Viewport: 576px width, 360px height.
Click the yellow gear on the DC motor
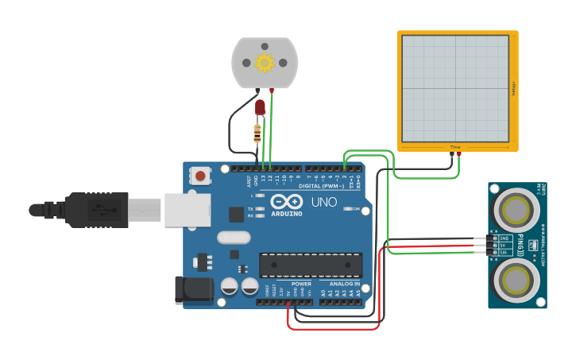click(x=264, y=62)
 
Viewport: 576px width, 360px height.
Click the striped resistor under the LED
click(x=257, y=133)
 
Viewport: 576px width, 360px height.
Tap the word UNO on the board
click(x=323, y=202)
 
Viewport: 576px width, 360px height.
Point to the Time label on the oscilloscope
click(x=455, y=147)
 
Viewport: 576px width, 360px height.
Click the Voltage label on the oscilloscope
click(x=513, y=88)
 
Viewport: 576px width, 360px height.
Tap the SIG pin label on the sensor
click(x=504, y=253)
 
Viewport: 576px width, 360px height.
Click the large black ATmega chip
click(x=311, y=265)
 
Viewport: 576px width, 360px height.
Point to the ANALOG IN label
click(x=340, y=284)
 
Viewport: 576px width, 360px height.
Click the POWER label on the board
click(x=301, y=284)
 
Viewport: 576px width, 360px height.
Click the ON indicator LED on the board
click(x=348, y=209)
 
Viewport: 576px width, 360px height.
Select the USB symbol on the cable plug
click(x=102, y=210)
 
